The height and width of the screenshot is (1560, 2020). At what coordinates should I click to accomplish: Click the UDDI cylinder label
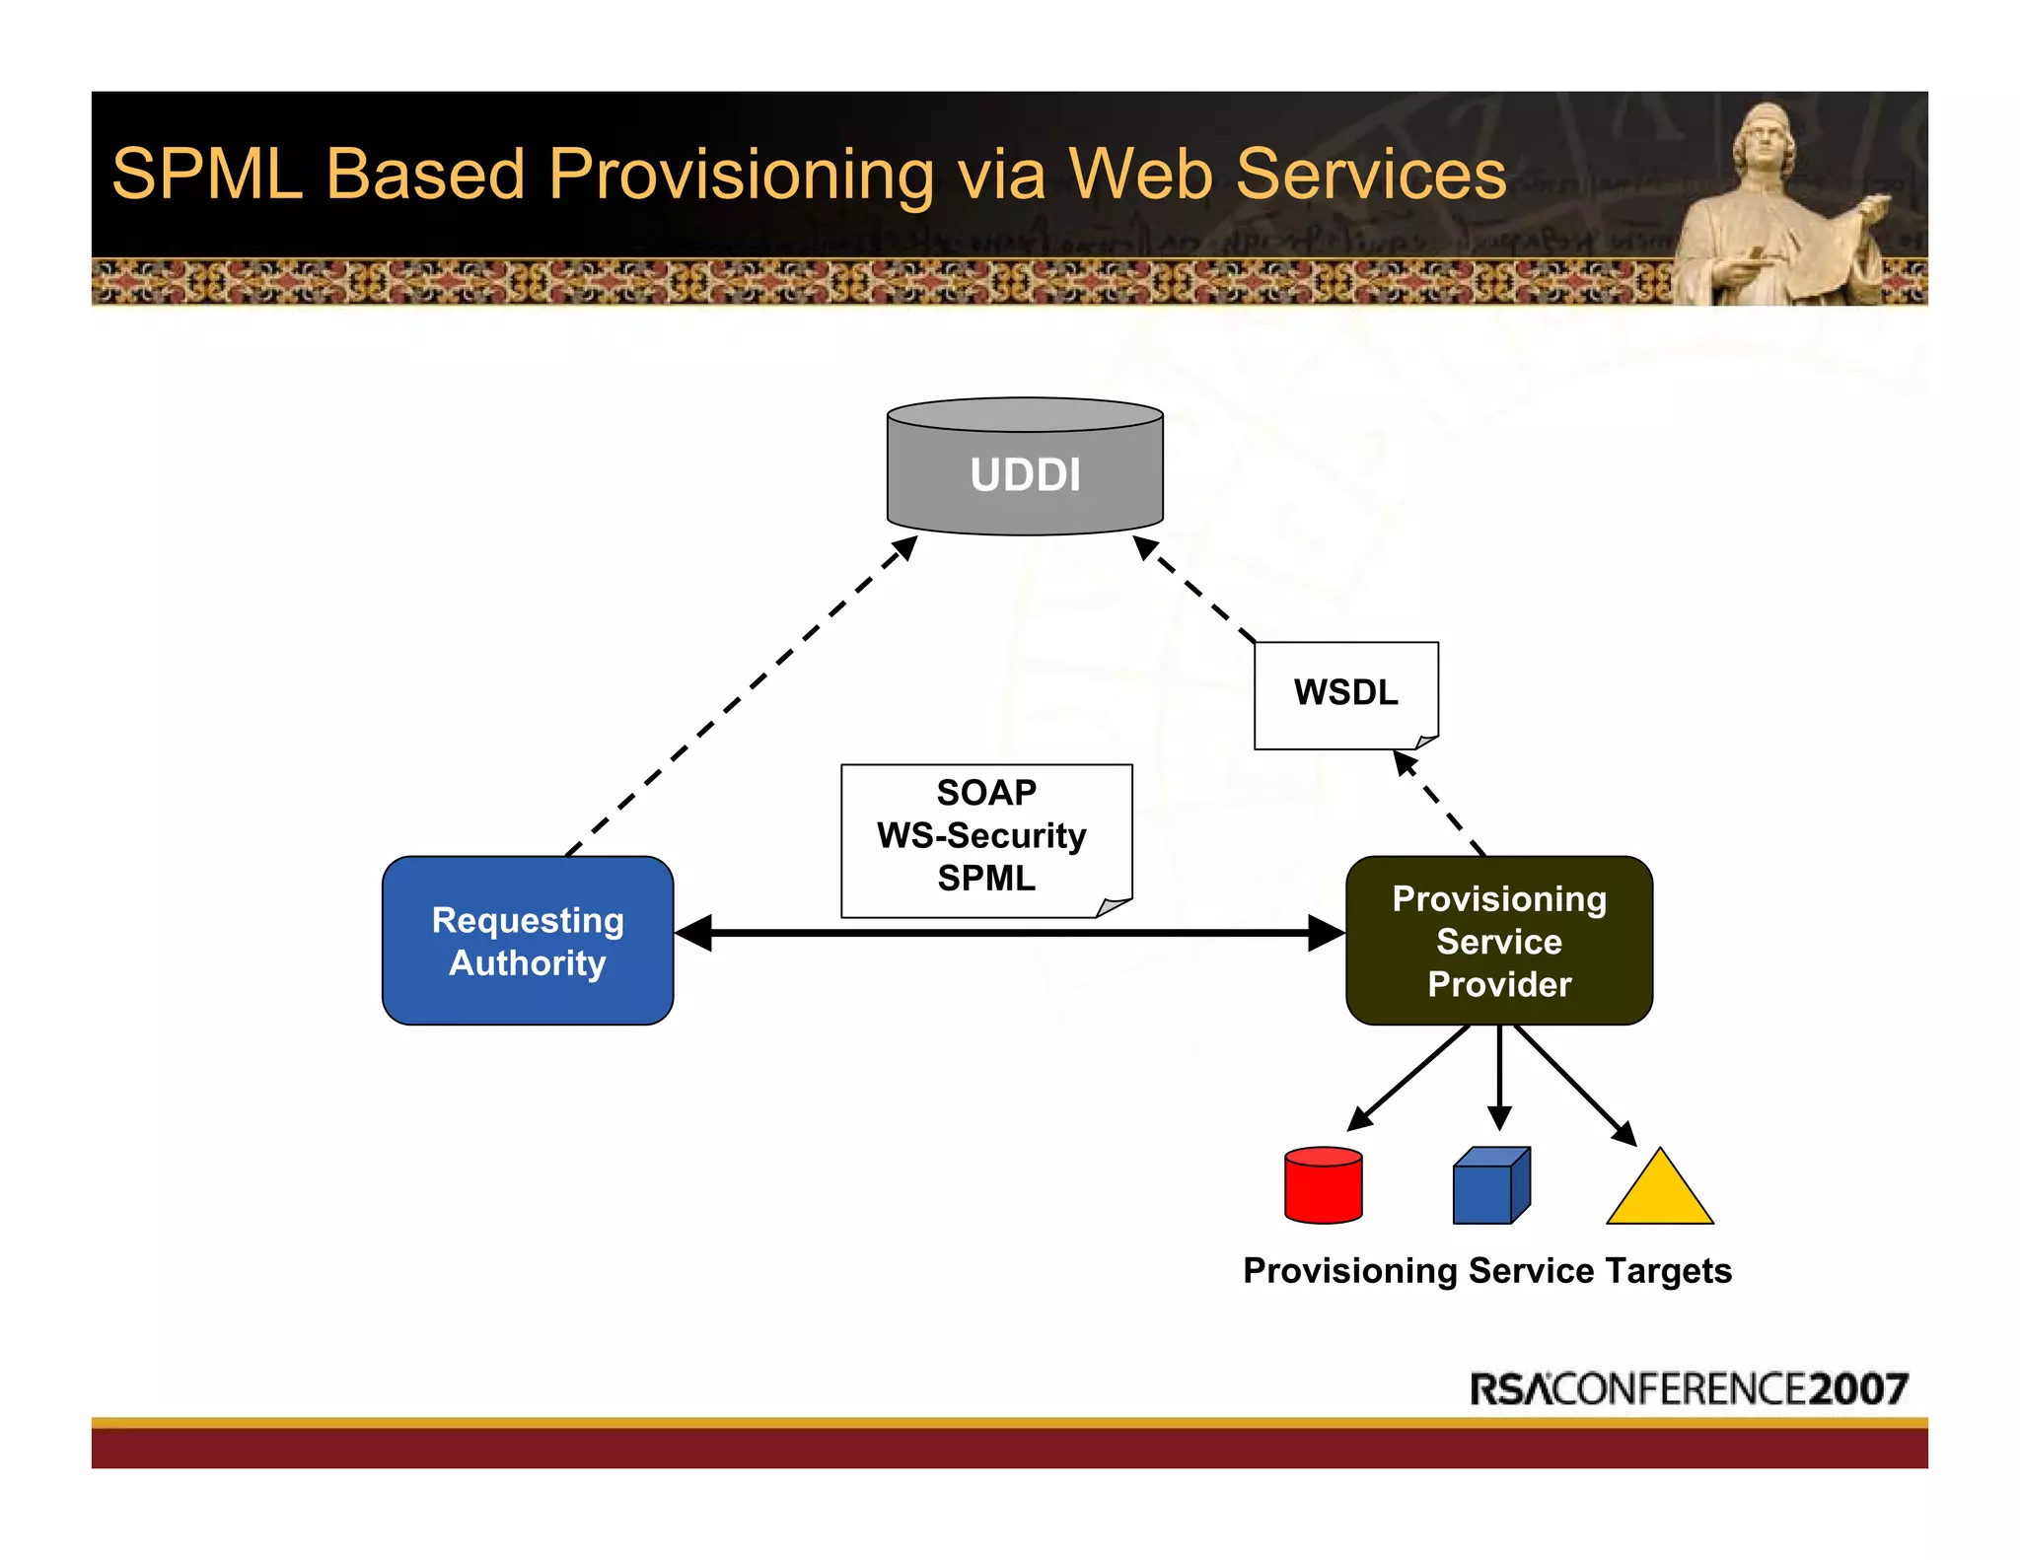click(1025, 474)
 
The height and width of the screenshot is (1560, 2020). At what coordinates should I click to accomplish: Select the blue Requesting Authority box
click(528, 941)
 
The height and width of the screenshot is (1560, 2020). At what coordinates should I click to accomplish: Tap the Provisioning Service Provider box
click(1498, 941)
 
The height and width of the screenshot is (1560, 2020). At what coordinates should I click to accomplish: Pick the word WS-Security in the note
click(981, 835)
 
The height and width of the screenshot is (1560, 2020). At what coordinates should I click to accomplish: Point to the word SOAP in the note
click(986, 792)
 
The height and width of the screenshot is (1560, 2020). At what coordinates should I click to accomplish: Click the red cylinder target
click(1323, 1185)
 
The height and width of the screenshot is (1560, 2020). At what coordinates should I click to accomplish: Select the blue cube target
click(1489, 1186)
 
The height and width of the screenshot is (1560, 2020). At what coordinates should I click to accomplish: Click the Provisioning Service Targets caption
click(1486, 1270)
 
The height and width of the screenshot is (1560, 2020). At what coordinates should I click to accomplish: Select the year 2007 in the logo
click(1858, 1388)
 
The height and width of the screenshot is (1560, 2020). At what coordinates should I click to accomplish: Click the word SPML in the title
click(207, 175)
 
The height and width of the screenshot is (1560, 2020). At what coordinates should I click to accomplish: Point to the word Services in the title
click(1371, 175)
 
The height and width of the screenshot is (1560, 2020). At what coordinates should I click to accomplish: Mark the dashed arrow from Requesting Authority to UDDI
click(740, 695)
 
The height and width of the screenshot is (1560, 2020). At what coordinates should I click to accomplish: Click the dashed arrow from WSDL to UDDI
click(1193, 589)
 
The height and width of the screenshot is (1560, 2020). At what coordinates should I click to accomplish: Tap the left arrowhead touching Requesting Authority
click(693, 933)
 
